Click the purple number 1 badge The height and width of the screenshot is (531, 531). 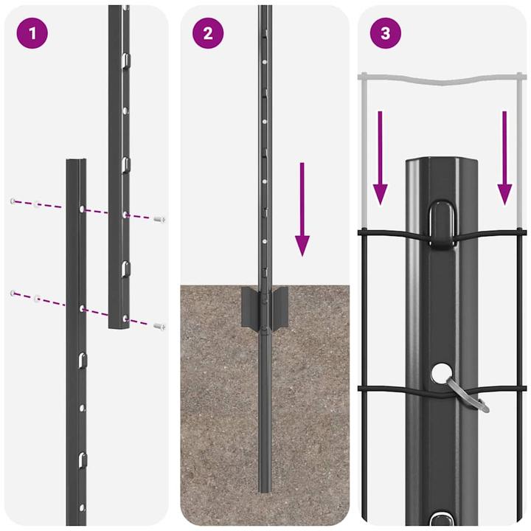pyautogui.click(x=31, y=33)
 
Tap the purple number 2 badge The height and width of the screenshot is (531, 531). pyautogui.click(x=208, y=33)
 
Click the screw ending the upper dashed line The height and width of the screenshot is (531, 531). pyautogui.click(x=160, y=219)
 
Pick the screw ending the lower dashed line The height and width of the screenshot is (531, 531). pyautogui.click(x=160, y=325)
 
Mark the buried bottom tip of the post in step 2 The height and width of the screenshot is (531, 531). pyautogui.click(x=264, y=488)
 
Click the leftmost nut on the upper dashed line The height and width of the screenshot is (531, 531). pyautogui.click(x=13, y=201)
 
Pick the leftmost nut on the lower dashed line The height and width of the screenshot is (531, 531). pyautogui.click(x=13, y=294)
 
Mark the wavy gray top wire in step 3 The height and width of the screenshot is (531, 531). pyautogui.click(x=442, y=77)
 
